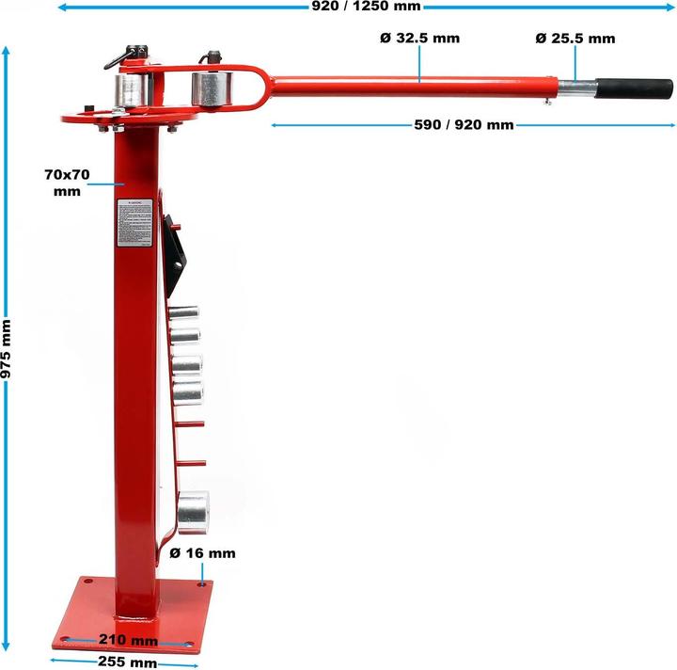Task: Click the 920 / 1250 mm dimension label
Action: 366,7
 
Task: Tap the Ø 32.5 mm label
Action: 420,39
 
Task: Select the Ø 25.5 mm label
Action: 575,39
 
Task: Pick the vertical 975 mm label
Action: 8,348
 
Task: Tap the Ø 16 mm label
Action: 202,553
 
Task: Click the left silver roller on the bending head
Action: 134,91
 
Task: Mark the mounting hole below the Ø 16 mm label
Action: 202,584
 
